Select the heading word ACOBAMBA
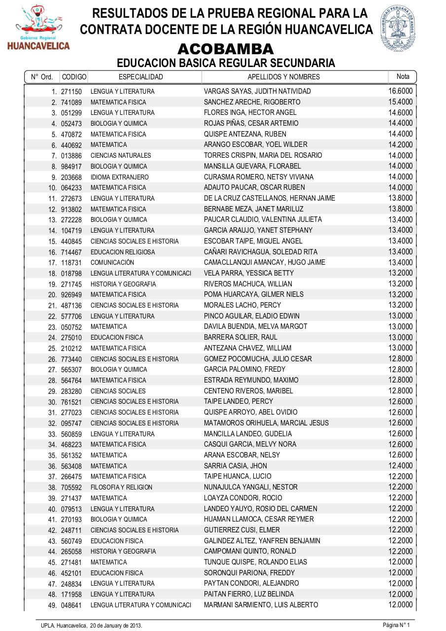225,49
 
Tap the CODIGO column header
74,77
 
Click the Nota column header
403,76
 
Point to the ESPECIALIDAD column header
141,77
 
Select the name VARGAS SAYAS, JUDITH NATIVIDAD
257,91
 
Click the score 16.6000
400,91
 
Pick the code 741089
71,103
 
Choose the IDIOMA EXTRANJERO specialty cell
119,177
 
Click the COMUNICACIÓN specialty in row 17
112,262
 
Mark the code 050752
71,327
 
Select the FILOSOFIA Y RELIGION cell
121,487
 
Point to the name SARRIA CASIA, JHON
236,466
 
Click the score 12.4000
400,465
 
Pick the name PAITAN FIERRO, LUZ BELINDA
249,594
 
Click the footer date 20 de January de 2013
116,625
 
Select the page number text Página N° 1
396,625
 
